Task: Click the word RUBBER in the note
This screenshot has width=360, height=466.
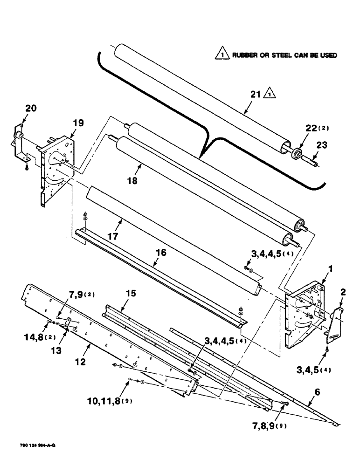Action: [244, 55]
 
